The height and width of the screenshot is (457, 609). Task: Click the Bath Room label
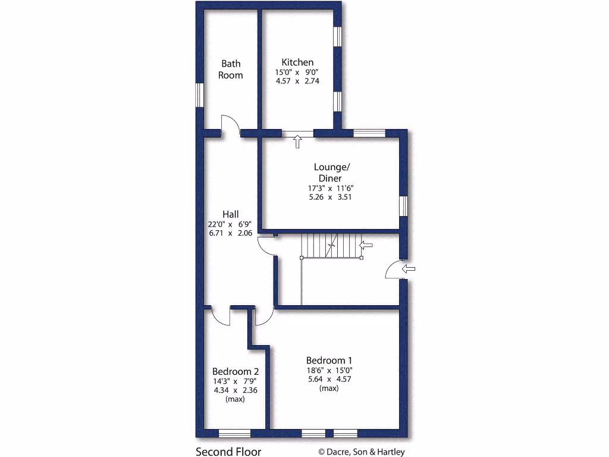(230, 69)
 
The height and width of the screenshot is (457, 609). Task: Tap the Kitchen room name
(297, 62)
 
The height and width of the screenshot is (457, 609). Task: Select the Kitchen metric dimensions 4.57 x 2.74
(297, 81)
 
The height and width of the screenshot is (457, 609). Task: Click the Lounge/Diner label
(330, 173)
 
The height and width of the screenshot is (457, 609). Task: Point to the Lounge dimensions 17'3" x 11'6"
(330, 188)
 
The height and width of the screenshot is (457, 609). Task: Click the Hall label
(231, 214)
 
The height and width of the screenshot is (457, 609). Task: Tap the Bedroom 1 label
(329, 360)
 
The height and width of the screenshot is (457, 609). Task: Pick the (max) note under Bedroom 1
(329, 388)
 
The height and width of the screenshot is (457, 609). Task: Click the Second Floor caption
(228, 452)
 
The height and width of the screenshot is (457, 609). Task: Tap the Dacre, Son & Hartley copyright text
(362, 452)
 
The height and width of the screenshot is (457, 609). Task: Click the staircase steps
(330, 245)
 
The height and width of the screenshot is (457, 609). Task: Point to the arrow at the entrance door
(409, 270)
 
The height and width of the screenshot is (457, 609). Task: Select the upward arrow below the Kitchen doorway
(297, 142)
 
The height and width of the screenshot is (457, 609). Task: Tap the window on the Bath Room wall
(200, 95)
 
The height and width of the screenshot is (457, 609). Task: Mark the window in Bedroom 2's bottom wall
(234, 433)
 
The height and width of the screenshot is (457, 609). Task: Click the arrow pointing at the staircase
(366, 245)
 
